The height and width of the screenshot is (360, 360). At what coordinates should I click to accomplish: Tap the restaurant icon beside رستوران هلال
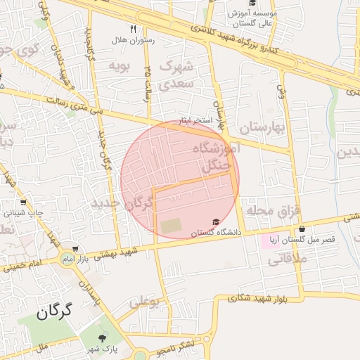[132, 30]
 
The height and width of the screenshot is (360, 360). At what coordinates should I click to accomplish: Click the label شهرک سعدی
[176, 75]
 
